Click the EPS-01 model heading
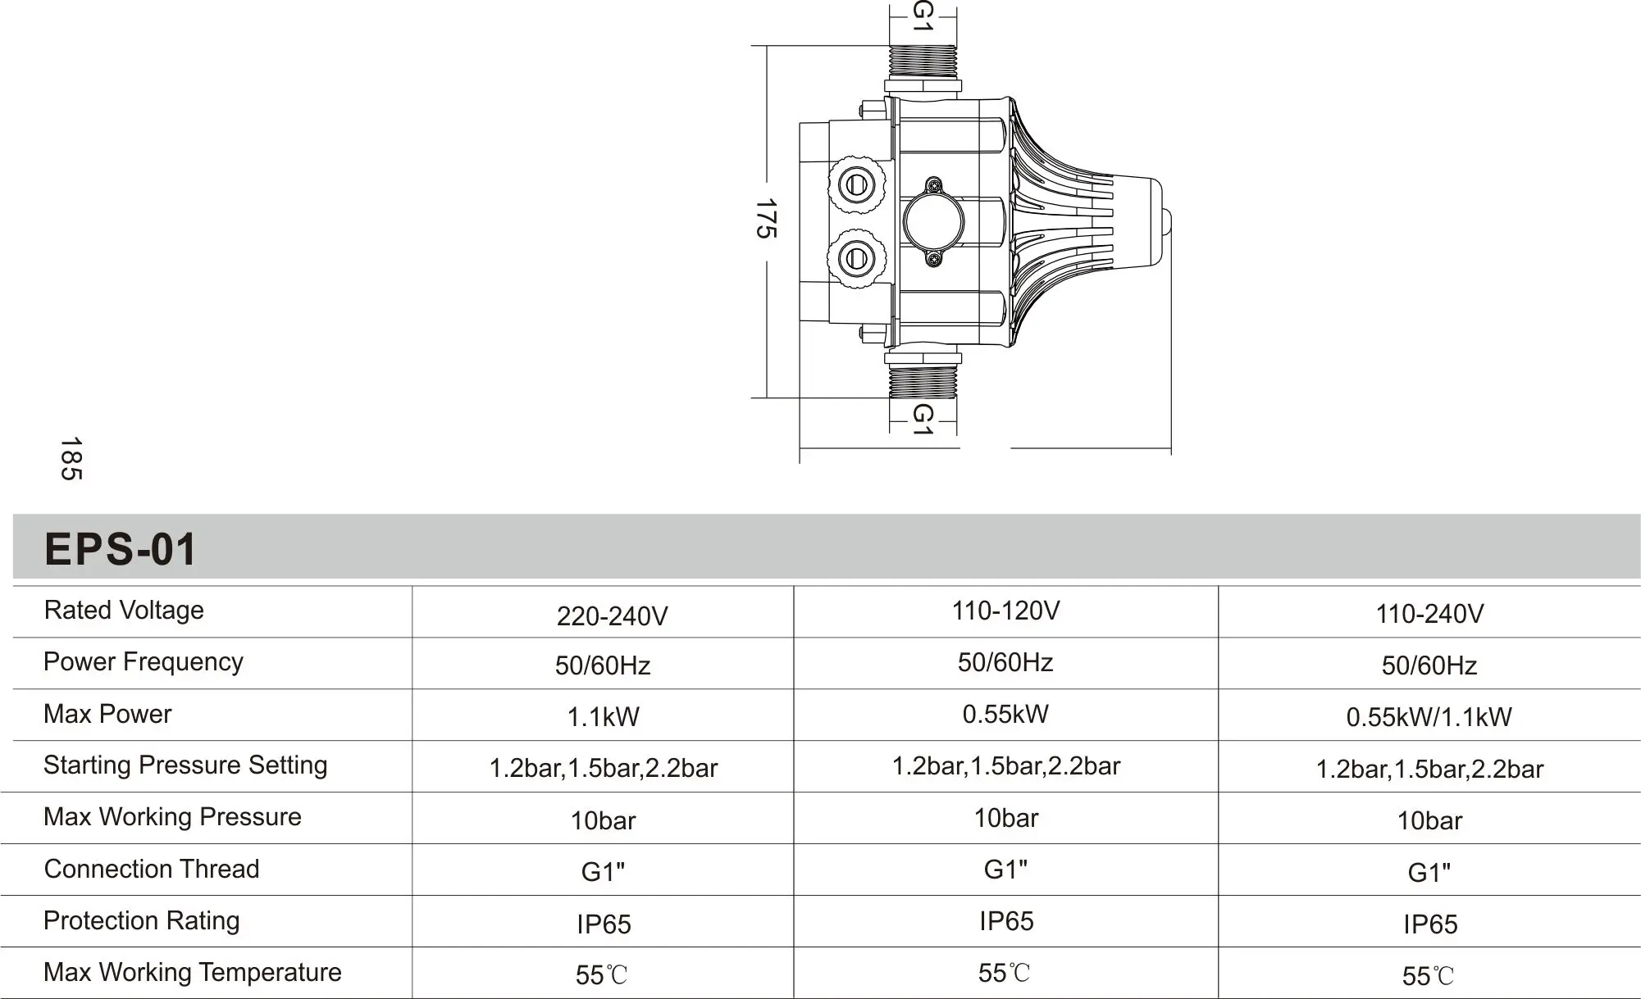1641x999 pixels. [120, 549]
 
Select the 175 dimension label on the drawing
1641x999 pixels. [765, 218]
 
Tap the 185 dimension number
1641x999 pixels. [71, 459]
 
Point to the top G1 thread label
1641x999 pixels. [923, 16]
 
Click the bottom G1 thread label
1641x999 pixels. [923, 419]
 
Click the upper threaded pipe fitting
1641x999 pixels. [923, 62]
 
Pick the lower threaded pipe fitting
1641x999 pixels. [923, 382]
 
